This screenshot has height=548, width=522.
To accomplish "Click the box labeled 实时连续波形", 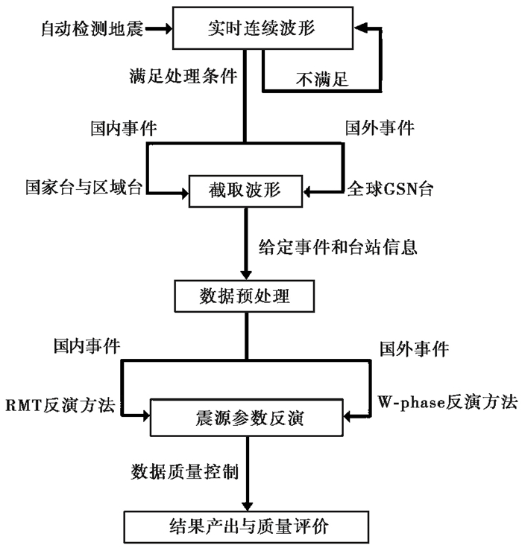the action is pos(263,28).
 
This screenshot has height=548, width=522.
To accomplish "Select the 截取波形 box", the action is pos(245,191).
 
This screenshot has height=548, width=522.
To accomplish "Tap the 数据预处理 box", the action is pos(245,296).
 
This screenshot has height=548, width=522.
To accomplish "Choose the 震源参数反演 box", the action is pos(247,417).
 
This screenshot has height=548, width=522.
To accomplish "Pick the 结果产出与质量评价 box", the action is pos(247,527).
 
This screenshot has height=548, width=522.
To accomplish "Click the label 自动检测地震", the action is pos(92,28).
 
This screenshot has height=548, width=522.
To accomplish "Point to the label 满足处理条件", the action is pos(183,76).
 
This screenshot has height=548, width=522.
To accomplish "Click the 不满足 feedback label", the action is pos(322,80).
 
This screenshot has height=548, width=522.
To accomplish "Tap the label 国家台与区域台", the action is pos(84,188).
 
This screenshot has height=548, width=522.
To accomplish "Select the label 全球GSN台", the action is pos(390,189).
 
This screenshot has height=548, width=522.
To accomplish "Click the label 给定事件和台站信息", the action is pos(338,247).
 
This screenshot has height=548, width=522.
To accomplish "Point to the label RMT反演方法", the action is pos(60,405).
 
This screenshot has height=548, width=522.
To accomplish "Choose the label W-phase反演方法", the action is pos(447,402).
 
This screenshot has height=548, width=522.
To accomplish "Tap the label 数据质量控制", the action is pos(184,472).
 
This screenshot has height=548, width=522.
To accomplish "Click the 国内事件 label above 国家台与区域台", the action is pos(124,128).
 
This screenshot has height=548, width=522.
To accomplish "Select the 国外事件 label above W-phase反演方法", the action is pos(415,349).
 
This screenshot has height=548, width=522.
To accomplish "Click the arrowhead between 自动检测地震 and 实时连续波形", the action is pos(168,28).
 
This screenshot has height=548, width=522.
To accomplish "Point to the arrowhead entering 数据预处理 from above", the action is pos(246,275).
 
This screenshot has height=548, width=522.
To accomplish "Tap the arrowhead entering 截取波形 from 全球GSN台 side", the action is pos(308,192).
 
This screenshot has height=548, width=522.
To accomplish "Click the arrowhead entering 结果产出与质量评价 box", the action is pos(247,506).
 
